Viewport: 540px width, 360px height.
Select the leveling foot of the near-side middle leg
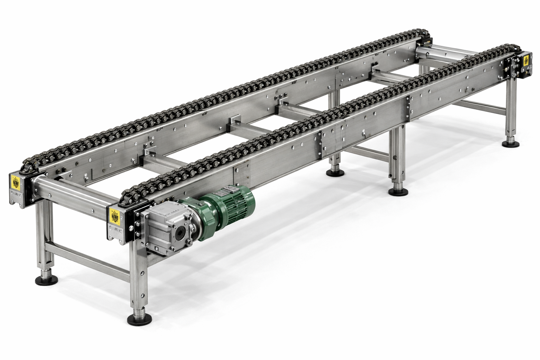point(398,191)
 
